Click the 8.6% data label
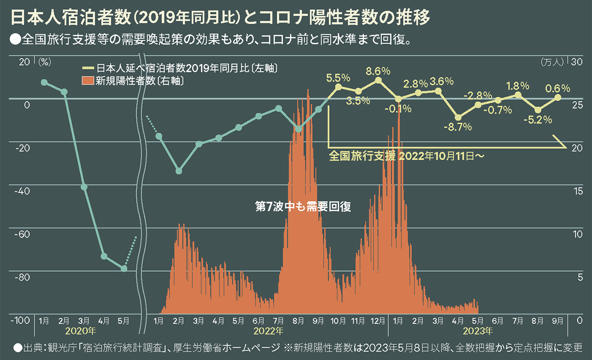[x=378, y=71]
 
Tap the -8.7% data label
[x=458, y=127]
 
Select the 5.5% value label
[x=338, y=77]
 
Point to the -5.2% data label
[x=538, y=119]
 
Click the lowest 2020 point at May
[x=124, y=269]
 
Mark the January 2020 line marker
[x=44, y=82]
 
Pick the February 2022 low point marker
[x=179, y=171]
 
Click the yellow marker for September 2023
[x=558, y=97]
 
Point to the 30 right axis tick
[x=576, y=62]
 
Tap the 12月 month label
[x=377, y=321]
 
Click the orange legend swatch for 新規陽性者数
[x=88, y=81]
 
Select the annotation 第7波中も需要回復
[x=302, y=207]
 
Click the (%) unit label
[x=45, y=62]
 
